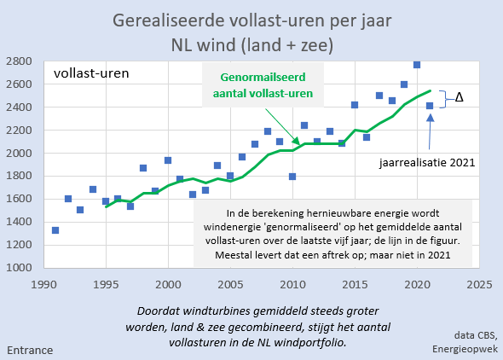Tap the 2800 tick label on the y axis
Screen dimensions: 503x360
[19, 61]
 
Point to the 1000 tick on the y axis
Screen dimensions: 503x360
[19, 267]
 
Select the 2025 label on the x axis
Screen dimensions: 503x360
[479, 284]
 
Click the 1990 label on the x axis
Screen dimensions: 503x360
[44, 284]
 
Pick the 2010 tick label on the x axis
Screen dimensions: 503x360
[292, 284]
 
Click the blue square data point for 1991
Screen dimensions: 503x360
[55, 230]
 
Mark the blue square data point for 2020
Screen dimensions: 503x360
[417, 65]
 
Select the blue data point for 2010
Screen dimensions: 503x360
[292, 177]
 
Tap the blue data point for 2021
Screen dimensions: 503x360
[430, 106]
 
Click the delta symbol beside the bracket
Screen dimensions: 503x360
[459, 97]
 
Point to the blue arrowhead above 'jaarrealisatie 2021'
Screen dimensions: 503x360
[431, 118]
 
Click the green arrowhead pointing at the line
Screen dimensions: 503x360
[297, 141]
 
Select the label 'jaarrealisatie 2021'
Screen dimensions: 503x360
[427, 163]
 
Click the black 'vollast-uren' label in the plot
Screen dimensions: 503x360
[91, 73]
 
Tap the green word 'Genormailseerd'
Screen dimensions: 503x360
[263, 78]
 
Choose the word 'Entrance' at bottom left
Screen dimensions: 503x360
[30, 350]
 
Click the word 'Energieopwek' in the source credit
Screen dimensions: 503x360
[465, 349]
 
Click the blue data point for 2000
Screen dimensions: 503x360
[168, 160]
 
